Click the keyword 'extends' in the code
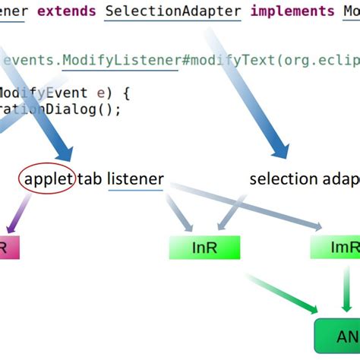(x=68, y=11)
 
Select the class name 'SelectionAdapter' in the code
(x=173, y=11)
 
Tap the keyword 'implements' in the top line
(x=292, y=11)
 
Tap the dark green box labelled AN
(x=338, y=335)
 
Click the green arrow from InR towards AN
(x=281, y=292)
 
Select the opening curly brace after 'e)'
(x=126, y=93)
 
